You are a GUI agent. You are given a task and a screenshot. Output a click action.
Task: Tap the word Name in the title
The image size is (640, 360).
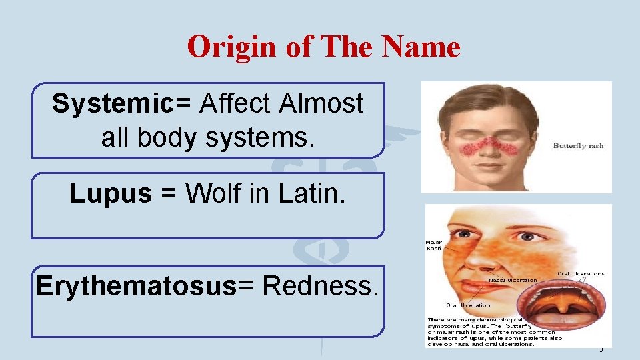pos(422,47)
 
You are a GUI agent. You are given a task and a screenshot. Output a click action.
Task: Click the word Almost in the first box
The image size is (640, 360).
pos(321,104)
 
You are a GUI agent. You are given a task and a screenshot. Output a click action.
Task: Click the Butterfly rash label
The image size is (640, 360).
pos(578,146)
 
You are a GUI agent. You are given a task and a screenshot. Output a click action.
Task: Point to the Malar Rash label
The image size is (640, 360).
pos(434,245)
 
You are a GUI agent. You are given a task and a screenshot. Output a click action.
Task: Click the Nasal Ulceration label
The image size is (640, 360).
pos(513,281)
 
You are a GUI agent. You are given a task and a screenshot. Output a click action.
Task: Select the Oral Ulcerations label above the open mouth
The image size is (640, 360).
pos(581,273)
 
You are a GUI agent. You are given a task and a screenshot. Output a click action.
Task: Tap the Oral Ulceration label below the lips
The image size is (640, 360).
pos(468,305)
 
